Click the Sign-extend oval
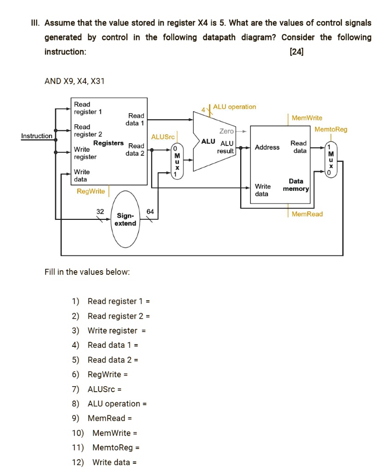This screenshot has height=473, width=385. click(126, 219)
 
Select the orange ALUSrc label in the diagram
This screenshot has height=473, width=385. click(163, 137)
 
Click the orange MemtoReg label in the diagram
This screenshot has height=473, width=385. click(330, 129)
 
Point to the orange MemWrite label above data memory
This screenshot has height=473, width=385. click(307, 118)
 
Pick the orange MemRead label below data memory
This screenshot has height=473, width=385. click(307, 214)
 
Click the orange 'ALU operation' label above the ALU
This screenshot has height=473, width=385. click(234, 107)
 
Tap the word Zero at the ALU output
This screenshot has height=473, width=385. click(226, 131)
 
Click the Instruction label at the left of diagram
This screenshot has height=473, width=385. click(37, 136)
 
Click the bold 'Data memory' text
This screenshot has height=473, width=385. click(296, 185)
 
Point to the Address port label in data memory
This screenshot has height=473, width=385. click(267, 147)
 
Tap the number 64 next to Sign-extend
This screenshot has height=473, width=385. click(150, 211)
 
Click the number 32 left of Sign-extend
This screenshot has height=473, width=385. click(100, 211)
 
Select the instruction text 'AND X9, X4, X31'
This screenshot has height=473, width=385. click(74, 81)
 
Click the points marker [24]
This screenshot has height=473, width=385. click(296, 52)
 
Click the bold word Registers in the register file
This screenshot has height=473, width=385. click(109, 143)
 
